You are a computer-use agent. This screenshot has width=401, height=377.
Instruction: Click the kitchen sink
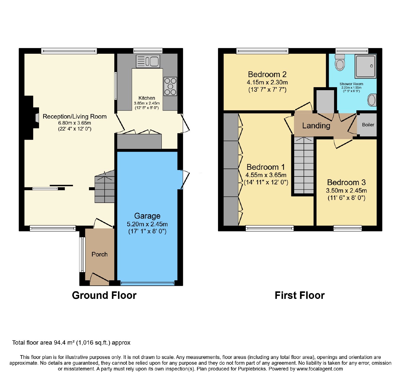pyautogui.click(x=148, y=61)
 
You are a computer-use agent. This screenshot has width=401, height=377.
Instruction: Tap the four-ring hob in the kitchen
pyautogui.click(x=170, y=86)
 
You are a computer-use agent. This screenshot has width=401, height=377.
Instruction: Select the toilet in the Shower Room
pyautogui.click(x=340, y=62)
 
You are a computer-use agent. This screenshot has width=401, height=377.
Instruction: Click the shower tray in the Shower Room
pyautogui.click(x=366, y=66)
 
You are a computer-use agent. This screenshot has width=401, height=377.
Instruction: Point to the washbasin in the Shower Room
pyautogui.click(x=372, y=100)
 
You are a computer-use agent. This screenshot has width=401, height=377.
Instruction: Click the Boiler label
pyautogui.click(x=368, y=125)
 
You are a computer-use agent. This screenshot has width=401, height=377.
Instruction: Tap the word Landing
pyautogui.click(x=316, y=126)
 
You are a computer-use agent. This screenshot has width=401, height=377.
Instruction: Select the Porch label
pyautogui.click(x=99, y=254)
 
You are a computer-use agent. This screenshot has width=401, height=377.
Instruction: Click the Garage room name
pyautogui.click(x=147, y=216)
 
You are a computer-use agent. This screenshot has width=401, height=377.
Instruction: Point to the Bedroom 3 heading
pyautogui.click(x=346, y=182)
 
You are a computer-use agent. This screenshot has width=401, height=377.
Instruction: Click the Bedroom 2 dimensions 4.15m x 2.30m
pyautogui.click(x=267, y=82)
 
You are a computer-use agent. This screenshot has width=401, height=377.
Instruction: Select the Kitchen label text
pyautogui.click(x=147, y=98)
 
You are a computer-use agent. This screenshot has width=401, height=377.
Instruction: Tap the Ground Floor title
pyautogui.click(x=104, y=295)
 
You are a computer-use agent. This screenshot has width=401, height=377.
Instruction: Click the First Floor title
pyautogui.click(x=300, y=295)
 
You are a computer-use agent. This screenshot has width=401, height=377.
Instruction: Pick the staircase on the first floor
pyautogui.click(x=304, y=165)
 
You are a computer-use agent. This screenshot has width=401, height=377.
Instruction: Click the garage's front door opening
pyautogui.click(x=148, y=283)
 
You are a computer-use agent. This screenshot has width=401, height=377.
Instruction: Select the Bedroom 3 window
pyautogui.click(x=348, y=228)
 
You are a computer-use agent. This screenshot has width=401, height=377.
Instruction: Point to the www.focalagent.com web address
pyautogui.click(x=320, y=369)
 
